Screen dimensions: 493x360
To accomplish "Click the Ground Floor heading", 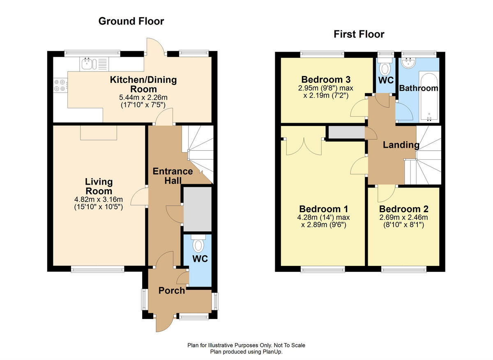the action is click(131, 22).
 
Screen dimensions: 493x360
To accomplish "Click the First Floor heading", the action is click(359, 34).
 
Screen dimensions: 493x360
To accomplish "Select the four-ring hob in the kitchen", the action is click(60, 85).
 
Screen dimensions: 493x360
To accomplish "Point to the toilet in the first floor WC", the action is click(385, 67).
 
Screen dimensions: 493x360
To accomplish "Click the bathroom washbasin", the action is click(408, 62).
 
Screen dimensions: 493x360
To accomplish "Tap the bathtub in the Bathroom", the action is click(429, 97).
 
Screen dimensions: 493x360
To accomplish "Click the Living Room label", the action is click(99, 186).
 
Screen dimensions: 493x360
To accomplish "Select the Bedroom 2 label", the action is click(403, 209).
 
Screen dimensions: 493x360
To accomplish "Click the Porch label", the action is click(172, 291).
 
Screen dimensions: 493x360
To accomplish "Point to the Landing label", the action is click(401, 145).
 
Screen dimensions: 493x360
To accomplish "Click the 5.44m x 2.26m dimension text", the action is click(143, 97).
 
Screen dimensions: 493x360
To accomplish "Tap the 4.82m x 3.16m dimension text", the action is click(98, 199).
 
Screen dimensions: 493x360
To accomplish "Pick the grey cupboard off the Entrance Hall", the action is click(198, 209).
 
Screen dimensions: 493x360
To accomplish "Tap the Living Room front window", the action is click(97, 269).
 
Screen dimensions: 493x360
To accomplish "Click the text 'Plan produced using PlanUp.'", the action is click(246, 352).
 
